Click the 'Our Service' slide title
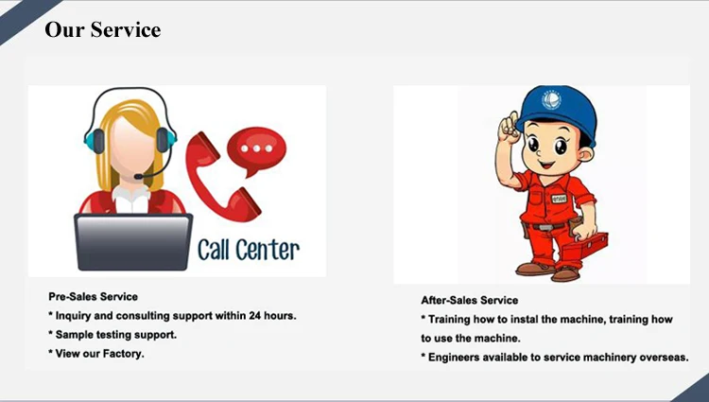[x=103, y=29]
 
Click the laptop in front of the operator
[x=133, y=240]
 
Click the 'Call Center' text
[x=249, y=250]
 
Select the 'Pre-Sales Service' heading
[x=93, y=297]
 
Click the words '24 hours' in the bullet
[x=272, y=316]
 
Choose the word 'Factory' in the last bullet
[x=123, y=354]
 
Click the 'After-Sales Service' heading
[x=470, y=301]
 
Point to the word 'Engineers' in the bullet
[x=457, y=358]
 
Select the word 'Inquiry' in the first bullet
[x=76, y=316]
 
